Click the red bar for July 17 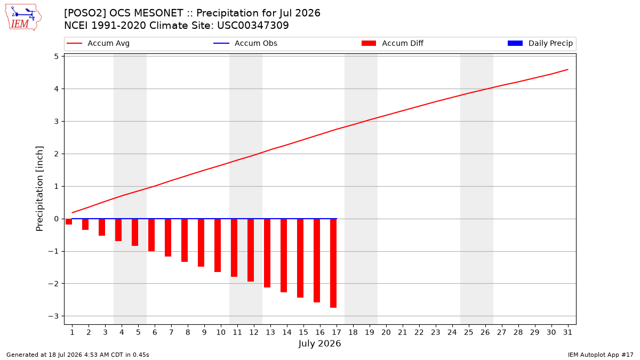(333, 263)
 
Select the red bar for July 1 (69, 221)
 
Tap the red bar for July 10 (218, 245)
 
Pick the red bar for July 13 (267, 253)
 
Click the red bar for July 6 (151, 235)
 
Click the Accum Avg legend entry (98, 43)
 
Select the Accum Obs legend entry (245, 43)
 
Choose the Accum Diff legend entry (393, 43)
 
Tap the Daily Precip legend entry (540, 43)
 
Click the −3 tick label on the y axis (53, 316)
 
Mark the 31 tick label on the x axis (567, 332)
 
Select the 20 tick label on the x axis (386, 332)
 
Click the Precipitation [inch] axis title (39, 189)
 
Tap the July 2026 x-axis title (319, 343)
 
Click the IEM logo (23, 18)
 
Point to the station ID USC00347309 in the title (253, 26)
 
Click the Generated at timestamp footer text (78, 355)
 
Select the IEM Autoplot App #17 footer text (601, 355)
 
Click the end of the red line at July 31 (567, 69)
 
